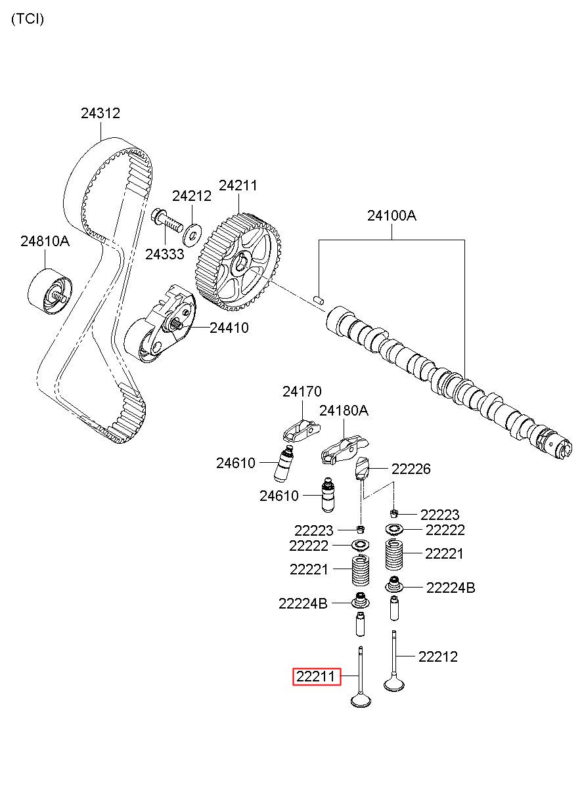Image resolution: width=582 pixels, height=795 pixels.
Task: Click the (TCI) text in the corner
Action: [x=27, y=19]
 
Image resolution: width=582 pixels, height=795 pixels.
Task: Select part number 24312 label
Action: [x=101, y=114]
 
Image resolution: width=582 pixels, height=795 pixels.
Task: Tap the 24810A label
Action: [x=45, y=241]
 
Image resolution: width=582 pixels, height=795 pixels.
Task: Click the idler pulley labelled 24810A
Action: [x=50, y=291]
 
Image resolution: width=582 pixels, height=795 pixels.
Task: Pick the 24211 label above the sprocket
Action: [x=238, y=186]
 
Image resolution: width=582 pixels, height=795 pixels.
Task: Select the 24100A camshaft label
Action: [x=392, y=215]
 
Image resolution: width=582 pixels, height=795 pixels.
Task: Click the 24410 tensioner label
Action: [x=229, y=328]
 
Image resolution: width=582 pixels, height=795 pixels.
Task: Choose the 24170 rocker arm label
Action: [x=302, y=392]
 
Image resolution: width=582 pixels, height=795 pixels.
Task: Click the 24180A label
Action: [x=344, y=411]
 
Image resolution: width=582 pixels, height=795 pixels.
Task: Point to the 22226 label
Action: [x=411, y=469]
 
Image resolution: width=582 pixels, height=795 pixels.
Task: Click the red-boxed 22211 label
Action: [x=317, y=676]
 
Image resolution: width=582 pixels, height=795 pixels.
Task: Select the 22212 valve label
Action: [x=437, y=656]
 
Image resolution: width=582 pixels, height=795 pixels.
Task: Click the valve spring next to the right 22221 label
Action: [x=395, y=555]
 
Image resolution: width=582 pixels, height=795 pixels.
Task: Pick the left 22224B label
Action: [x=302, y=603]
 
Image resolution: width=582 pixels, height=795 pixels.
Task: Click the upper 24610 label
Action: [x=236, y=463]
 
